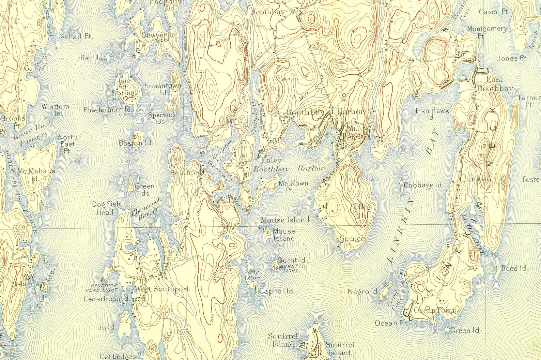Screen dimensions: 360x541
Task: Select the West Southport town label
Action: point(162,289)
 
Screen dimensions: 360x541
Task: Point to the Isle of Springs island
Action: point(125,86)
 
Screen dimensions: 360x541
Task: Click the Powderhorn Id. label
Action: point(108,110)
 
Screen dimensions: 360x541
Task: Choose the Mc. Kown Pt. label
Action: point(293,186)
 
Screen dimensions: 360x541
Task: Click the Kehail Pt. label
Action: point(76,36)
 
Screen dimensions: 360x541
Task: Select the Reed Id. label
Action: point(514,268)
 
